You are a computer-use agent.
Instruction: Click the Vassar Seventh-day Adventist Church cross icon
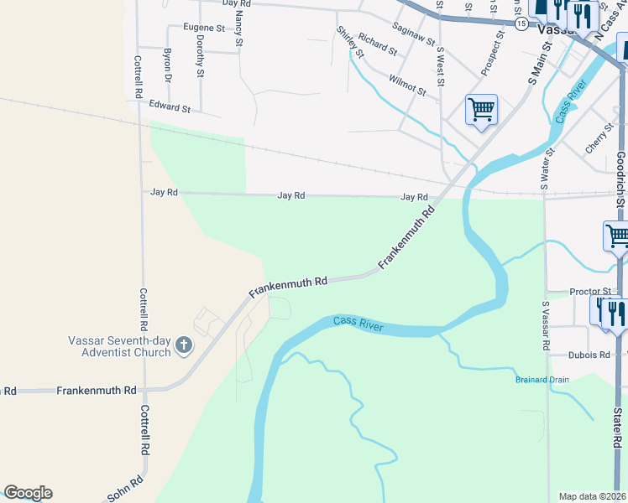click(x=184, y=345)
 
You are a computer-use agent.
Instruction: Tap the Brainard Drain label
click(x=542, y=380)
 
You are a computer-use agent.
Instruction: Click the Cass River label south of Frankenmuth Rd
click(x=358, y=324)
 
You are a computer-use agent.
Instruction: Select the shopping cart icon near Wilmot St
click(x=482, y=109)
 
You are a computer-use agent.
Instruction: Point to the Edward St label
click(x=170, y=107)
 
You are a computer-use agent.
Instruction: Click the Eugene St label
click(x=204, y=28)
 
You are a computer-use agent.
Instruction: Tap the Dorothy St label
click(x=200, y=56)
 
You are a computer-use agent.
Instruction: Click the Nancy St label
click(x=239, y=23)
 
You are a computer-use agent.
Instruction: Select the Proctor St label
click(x=588, y=292)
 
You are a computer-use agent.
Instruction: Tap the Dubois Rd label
click(x=588, y=355)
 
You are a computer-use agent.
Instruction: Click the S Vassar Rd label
click(x=545, y=327)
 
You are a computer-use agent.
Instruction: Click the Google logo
click(x=28, y=493)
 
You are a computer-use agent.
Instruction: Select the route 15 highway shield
click(x=521, y=24)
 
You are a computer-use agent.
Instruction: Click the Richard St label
click(x=376, y=44)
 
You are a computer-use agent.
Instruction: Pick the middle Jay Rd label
click(x=290, y=194)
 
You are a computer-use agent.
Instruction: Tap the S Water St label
click(x=550, y=170)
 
